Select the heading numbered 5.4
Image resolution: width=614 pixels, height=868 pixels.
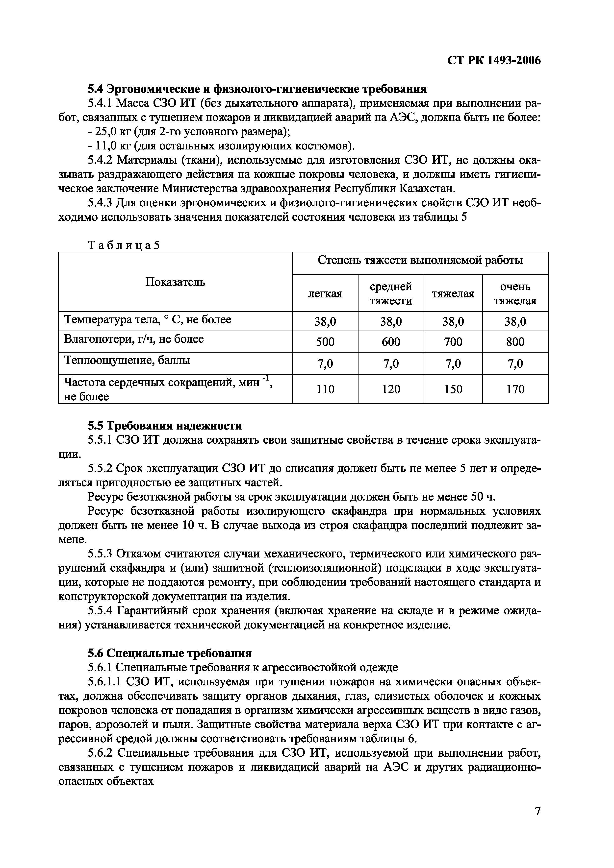(257, 89)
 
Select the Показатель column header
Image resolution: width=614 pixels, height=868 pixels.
(175, 282)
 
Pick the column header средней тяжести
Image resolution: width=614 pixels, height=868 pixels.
(390, 294)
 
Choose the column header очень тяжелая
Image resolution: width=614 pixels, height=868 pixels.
(515, 294)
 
